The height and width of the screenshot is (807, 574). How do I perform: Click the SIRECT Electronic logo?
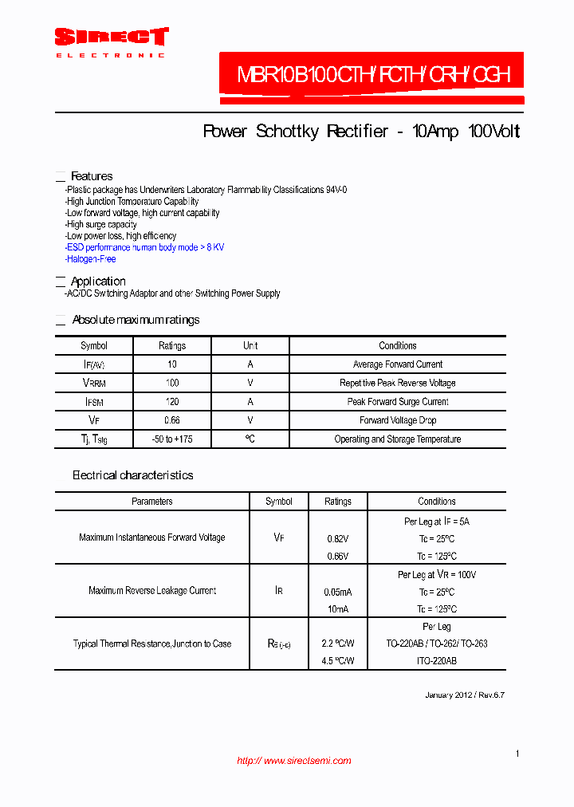coord(111,41)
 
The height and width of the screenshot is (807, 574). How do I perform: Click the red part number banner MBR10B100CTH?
coord(373,77)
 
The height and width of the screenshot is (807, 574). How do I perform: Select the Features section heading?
coord(92,176)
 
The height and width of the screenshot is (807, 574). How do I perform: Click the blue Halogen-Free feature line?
coord(92,259)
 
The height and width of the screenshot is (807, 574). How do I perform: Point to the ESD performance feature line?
coord(145,247)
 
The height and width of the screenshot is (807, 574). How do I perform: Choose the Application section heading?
coord(98,281)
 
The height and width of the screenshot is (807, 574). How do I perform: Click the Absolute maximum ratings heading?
coord(136,320)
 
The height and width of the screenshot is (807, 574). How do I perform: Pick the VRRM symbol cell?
coord(94,384)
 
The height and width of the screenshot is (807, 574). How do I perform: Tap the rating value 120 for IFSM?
coord(172,402)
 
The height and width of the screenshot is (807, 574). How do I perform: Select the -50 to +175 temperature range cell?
coord(172,439)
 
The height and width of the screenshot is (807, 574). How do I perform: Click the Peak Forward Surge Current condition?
coord(397,402)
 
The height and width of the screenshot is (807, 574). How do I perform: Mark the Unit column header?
coord(250,346)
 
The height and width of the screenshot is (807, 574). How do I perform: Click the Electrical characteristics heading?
coord(133,475)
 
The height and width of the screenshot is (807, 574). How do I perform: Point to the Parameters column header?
coord(151,502)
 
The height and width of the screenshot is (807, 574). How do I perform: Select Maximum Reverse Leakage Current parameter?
coord(152,591)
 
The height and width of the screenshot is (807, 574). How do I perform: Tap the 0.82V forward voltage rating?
coord(338,539)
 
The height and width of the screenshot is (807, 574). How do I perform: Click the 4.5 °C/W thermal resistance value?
coord(338,661)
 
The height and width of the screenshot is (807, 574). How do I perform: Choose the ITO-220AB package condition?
coord(436,661)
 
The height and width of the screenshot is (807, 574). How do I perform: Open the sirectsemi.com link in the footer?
coord(294,761)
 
